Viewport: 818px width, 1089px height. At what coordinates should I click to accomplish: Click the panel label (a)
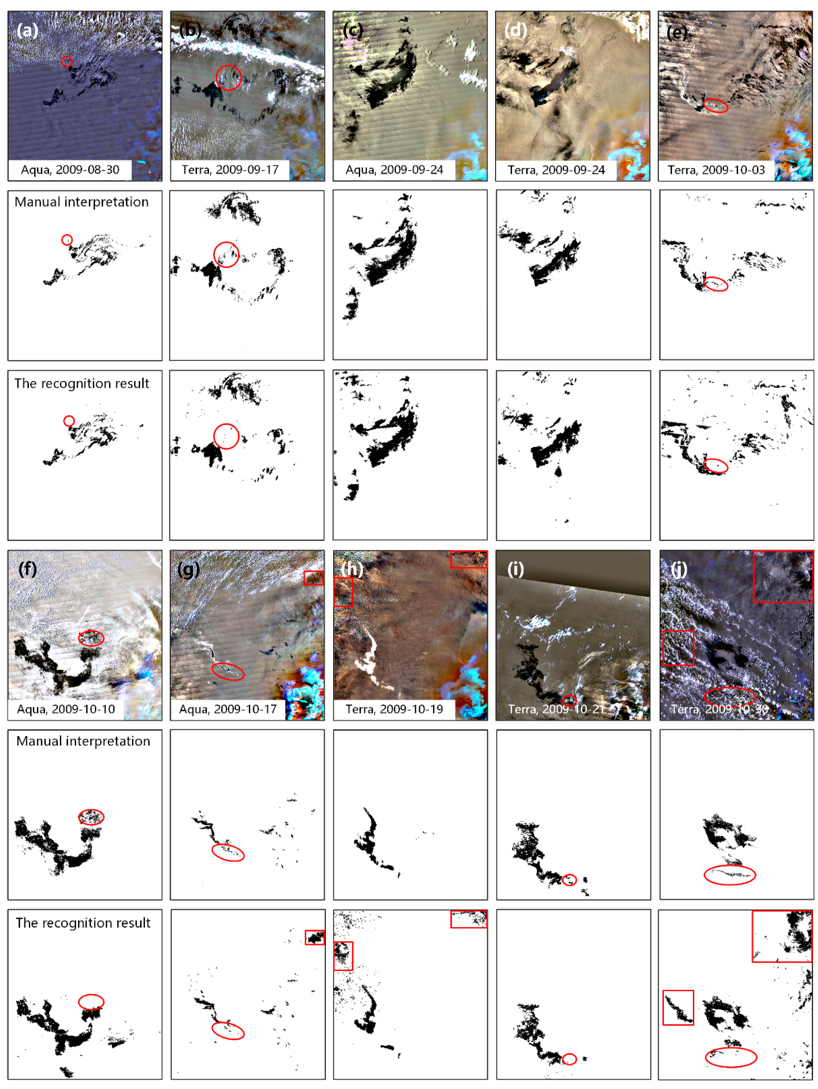coord(27,31)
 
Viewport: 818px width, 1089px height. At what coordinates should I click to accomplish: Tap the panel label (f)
coord(27,569)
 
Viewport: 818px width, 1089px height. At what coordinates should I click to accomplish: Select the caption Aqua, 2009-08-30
coord(70,170)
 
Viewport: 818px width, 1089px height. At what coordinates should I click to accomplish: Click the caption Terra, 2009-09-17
coord(230,170)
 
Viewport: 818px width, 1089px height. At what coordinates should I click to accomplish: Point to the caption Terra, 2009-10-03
coord(716,170)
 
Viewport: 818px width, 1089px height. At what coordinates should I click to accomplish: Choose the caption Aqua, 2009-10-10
coord(66,709)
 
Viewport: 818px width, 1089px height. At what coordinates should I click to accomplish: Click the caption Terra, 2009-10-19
coord(394,709)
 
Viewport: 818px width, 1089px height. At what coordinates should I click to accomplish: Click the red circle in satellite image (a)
coord(67,61)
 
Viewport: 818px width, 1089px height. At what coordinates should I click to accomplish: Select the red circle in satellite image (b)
coord(228,77)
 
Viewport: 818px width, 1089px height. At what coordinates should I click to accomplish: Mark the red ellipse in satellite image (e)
coord(715,105)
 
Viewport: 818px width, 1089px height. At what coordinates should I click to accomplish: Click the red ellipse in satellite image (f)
coord(91,638)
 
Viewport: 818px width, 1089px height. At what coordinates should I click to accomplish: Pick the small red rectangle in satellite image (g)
coord(313,578)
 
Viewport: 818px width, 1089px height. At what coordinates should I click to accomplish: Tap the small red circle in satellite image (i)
coord(569,700)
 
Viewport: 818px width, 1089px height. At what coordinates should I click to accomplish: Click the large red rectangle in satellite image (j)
coord(783,576)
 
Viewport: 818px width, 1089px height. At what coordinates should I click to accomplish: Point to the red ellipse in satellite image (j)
coord(730,697)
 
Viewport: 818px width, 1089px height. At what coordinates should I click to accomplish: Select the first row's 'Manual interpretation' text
coord(82,202)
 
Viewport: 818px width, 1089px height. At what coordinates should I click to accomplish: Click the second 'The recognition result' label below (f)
coord(83,923)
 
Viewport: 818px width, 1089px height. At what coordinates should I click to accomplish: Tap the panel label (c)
coord(353,31)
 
